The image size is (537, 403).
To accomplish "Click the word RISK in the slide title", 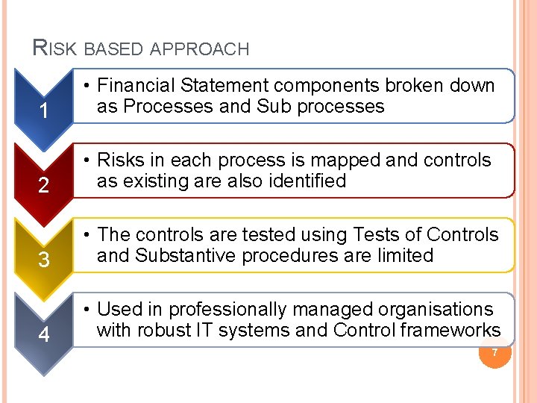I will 55,49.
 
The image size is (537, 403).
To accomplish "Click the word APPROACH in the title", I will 200,50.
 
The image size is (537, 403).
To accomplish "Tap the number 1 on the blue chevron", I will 44,112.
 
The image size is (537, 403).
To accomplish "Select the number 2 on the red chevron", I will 44,186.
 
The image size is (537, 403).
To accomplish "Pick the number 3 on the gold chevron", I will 44,260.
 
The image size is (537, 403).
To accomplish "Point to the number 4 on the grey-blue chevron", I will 44,335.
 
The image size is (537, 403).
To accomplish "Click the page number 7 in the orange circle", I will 493,352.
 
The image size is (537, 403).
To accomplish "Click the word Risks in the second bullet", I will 122,160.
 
